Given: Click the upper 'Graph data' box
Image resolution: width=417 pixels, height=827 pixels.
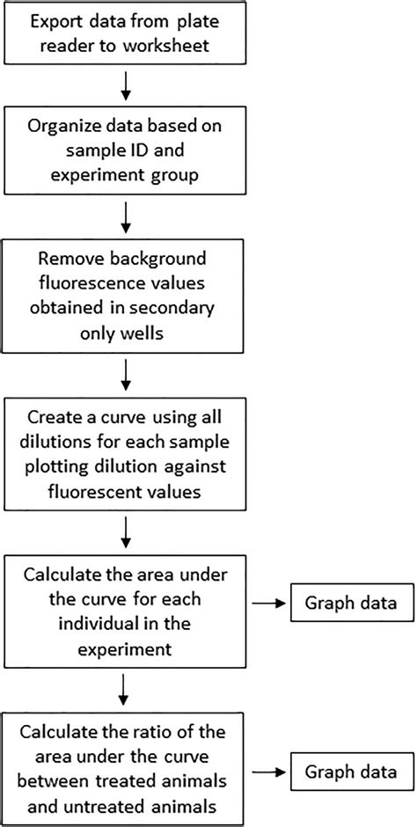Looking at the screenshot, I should pos(346,604).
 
